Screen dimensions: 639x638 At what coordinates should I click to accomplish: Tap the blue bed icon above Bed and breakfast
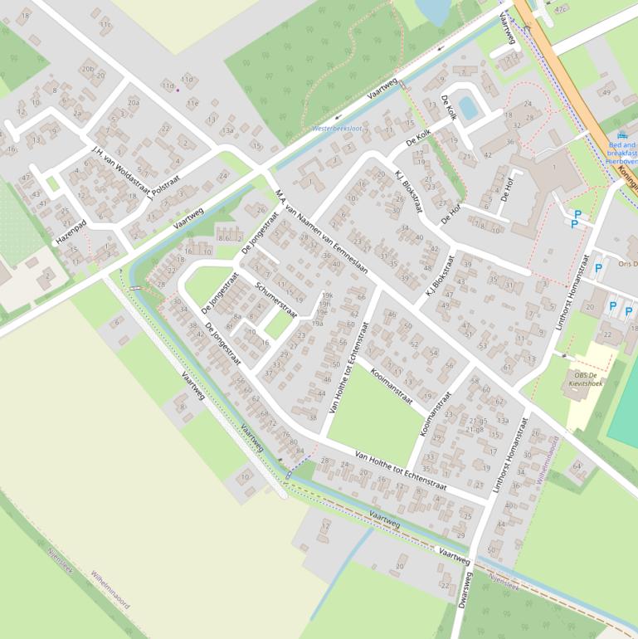click(x=622, y=135)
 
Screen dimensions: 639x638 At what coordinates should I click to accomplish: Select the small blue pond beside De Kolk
click(x=468, y=107)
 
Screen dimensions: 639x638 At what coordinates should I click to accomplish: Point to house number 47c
click(x=562, y=9)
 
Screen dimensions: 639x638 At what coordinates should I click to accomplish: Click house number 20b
click(x=87, y=70)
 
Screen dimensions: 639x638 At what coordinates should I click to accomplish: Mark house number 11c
click(x=105, y=25)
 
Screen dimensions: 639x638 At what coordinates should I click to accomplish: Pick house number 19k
click(x=327, y=295)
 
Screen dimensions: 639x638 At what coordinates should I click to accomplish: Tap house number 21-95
click(x=475, y=421)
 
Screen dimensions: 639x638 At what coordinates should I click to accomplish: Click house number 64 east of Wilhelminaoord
click(x=577, y=466)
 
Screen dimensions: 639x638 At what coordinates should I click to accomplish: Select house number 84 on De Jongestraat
click(x=300, y=451)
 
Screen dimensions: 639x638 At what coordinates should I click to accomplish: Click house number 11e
click(x=192, y=103)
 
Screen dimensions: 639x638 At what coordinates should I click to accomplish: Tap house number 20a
click(x=133, y=103)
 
